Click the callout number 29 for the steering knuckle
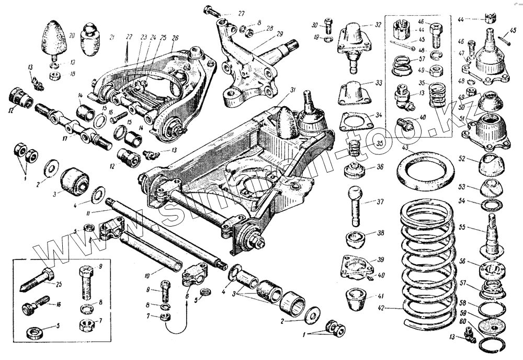click(280, 34)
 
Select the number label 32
click(378, 25)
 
